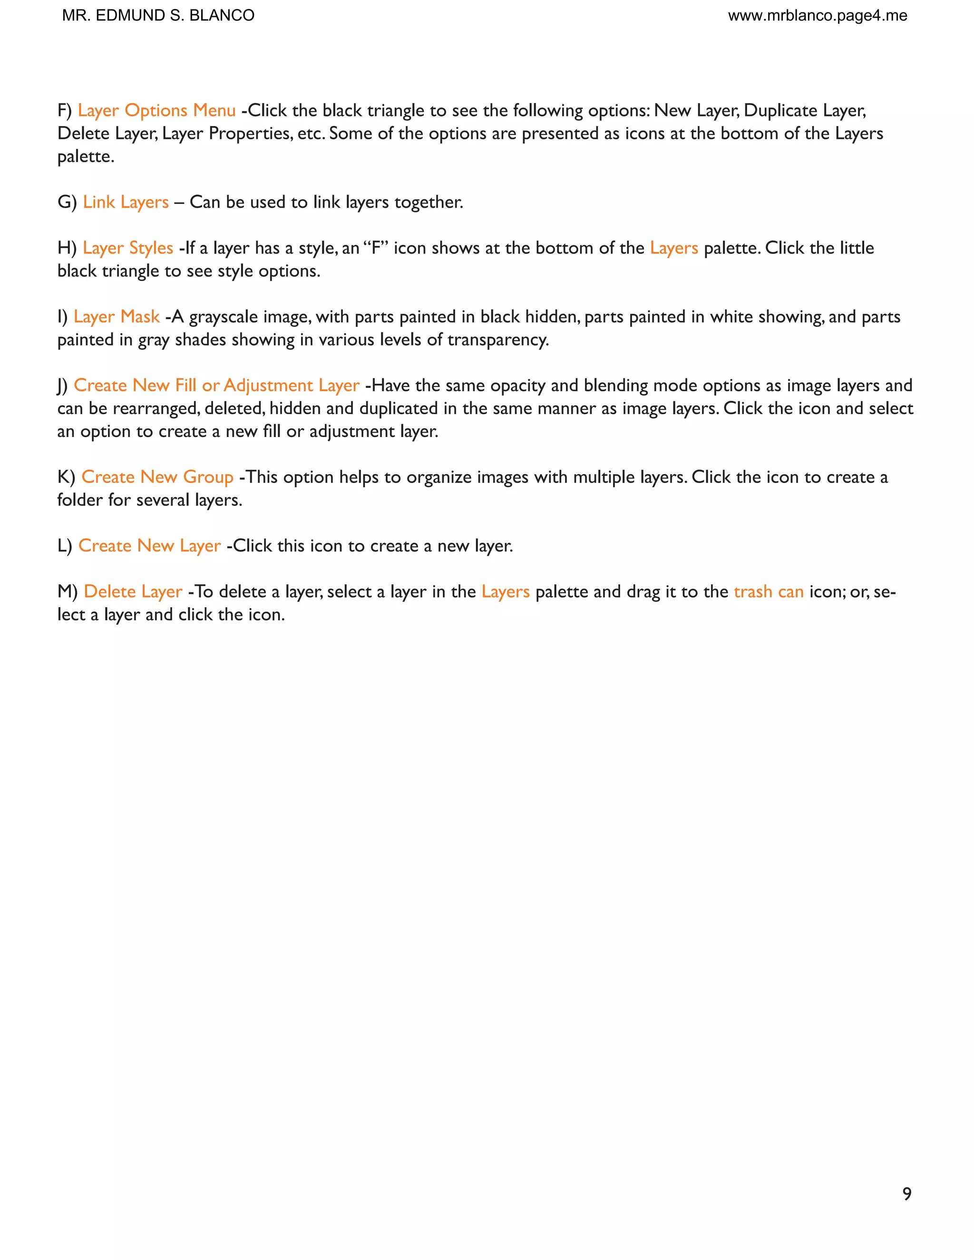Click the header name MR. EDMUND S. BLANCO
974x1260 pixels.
point(158,16)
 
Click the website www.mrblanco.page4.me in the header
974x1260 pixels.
point(817,16)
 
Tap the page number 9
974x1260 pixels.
point(906,1193)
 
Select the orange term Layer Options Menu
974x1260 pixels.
point(156,110)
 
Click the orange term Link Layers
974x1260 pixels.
point(126,202)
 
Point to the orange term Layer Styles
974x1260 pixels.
point(127,248)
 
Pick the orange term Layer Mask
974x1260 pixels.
point(117,317)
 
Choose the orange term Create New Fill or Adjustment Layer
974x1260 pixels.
point(216,386)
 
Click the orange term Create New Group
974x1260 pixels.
point(157,477)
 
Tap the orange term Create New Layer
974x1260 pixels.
point(149,546)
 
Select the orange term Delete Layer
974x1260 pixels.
point(133,592)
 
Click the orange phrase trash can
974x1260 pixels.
point(769,592)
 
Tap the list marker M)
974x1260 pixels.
point(68,592)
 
